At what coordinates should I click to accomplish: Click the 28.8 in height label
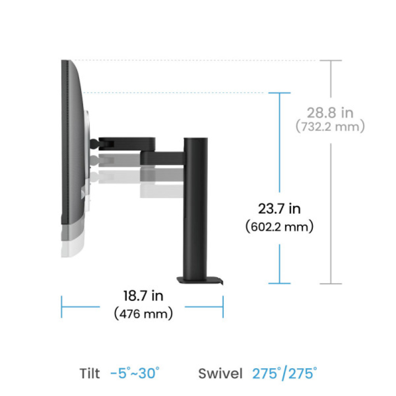tap(330, 113)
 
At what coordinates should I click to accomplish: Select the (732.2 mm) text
tap(330, 127)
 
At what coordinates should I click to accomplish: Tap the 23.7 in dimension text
tap(279, 208)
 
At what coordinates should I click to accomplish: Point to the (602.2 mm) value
tap(279, 227)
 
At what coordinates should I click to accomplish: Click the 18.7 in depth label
tap(143, 295)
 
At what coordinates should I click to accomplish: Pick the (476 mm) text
tap(143, 314)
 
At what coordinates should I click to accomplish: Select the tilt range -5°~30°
tap(135, 373)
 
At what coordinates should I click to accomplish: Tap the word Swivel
tap(221, 373)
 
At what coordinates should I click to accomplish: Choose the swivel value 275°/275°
tap(284, 373)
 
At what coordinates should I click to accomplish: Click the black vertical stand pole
tap(196, 206)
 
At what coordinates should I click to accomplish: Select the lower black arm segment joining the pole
tap(162, 158)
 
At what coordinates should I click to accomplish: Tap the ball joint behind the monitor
tap(94, 143)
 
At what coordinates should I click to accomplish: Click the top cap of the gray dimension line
tap(330, 61)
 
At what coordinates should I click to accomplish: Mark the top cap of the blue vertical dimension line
tap(280, 93)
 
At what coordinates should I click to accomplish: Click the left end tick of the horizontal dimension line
tap(61, 307)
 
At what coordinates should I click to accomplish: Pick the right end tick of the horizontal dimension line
tap(223, 307)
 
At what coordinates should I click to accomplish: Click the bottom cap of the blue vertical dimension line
tap(280, 283)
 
